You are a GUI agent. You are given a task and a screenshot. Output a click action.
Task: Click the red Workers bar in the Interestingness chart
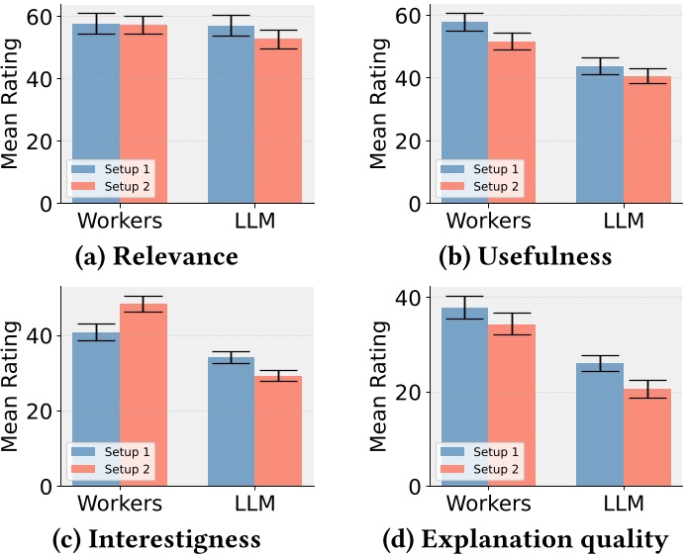pos(144,395)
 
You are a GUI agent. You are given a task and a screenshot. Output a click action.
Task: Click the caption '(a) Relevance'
pos(156,257)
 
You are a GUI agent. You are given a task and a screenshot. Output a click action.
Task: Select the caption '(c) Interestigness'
pos(156,539)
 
